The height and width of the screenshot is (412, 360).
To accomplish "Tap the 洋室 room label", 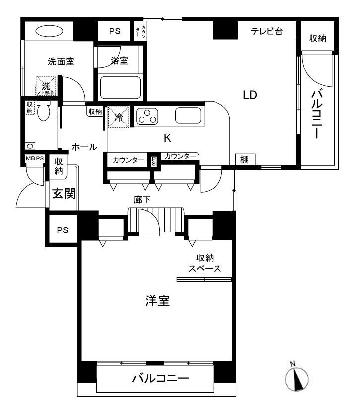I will [x=157, y=301].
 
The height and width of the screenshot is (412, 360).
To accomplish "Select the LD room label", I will [x=249, y=95].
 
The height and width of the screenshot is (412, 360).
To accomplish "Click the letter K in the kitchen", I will [x=167, y=138].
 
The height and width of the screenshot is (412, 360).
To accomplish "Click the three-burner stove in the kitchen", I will [x=146, y=116].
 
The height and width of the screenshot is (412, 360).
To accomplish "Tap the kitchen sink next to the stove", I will [x=189, y=116].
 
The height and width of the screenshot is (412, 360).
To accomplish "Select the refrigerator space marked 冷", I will [x=118, y=117].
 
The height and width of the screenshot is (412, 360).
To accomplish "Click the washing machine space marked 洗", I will [x=46, y=86].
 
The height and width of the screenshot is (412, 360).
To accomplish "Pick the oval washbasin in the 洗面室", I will [x=49, y=31].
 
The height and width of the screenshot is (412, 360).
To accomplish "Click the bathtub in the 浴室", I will [x=120, y=87].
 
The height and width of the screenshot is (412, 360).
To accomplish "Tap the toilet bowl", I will [x=44, y=112].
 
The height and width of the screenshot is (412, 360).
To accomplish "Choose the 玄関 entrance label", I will [x=64, y=193].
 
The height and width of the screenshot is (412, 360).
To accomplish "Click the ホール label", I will [x=84, y=147].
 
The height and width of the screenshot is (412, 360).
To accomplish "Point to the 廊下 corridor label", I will [x=143, y=199].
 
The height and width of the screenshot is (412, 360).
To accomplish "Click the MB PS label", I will [x=35, y=159].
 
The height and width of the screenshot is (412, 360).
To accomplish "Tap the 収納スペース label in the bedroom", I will [x=204, y=263].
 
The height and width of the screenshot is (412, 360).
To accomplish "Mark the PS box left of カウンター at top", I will [x=115, y=31].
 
